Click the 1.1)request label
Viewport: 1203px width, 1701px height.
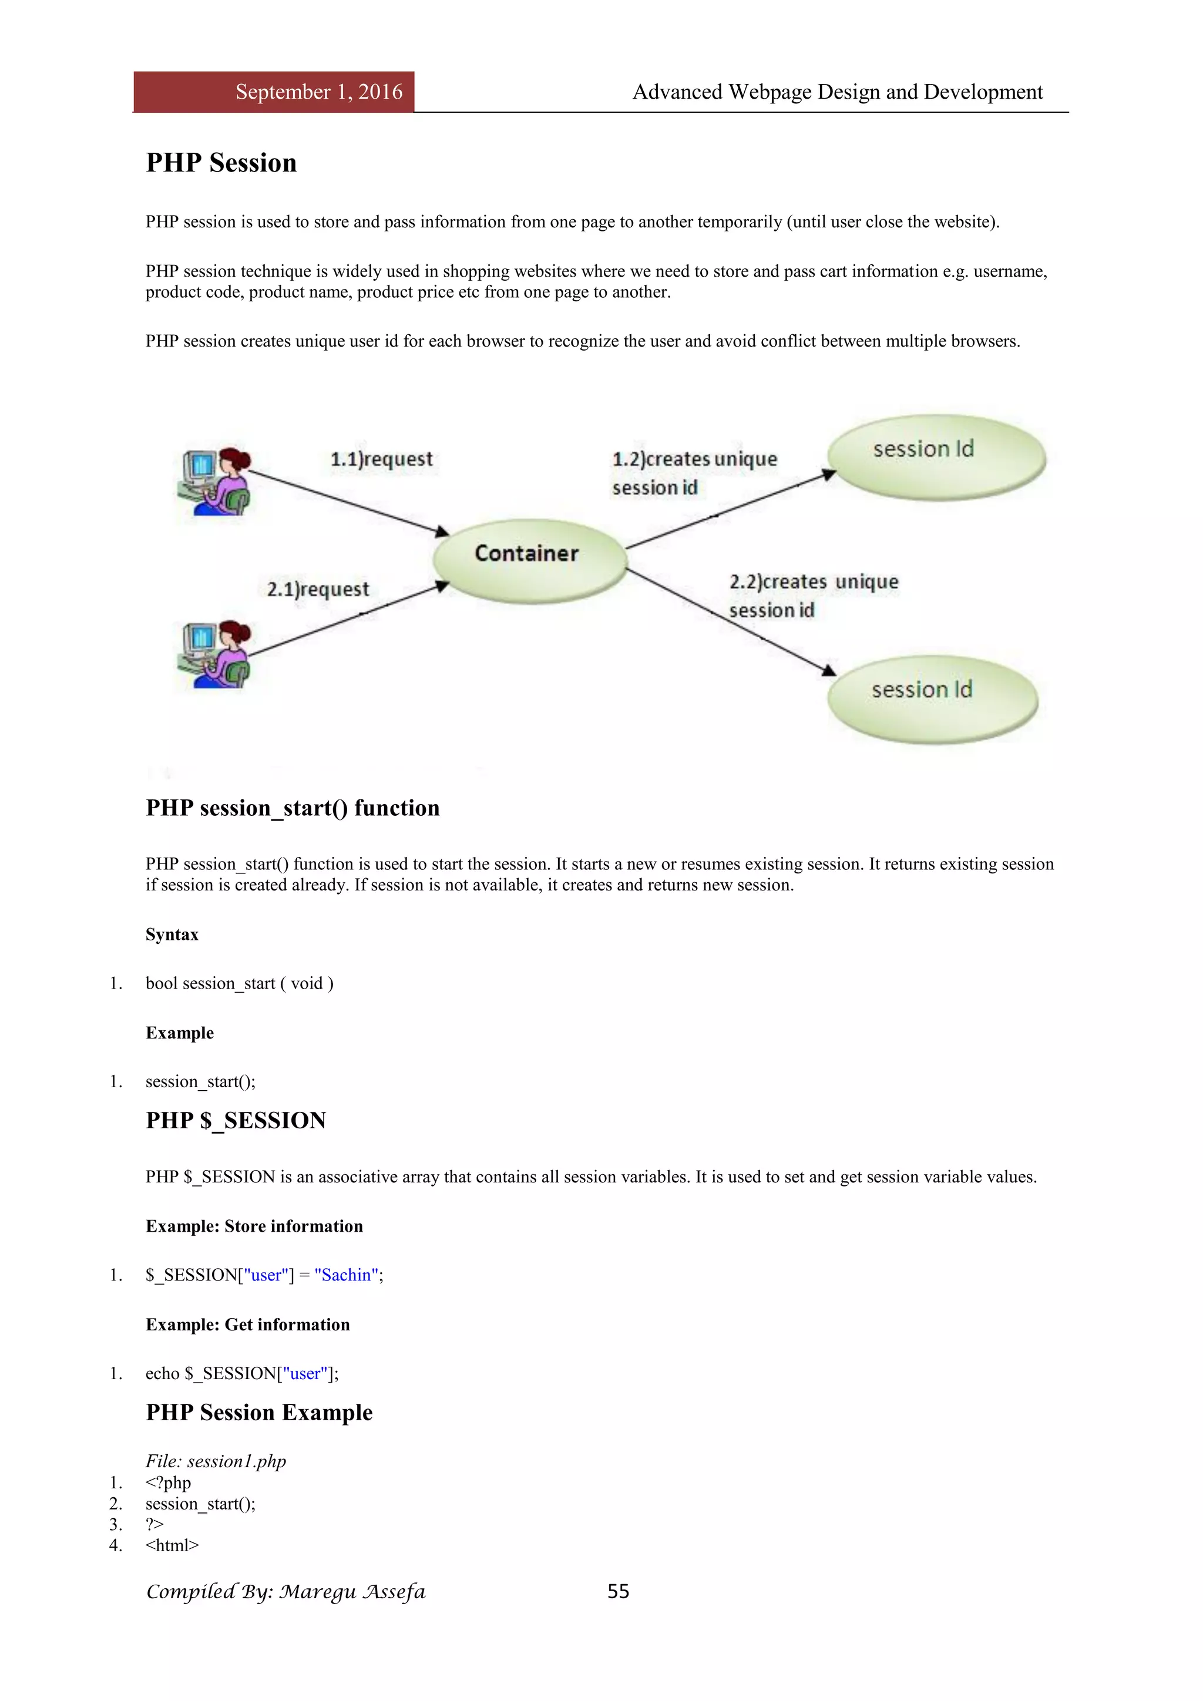pyautogui.click(x=381, y=459)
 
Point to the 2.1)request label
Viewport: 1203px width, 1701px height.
pyautogui.click(x=318, y=590)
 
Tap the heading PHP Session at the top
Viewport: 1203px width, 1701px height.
pyautogui.click(x=221, y=163)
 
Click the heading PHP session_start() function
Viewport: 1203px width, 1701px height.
pyautogui.click(x=293, y=808)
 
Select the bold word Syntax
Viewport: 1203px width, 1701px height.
pyautogui.click(x=172, y=934)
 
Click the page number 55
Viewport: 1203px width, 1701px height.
pyautogui.click(x=618, y=1591)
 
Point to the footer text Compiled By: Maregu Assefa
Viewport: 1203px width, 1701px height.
pyautogui.click(x=286, y=1592)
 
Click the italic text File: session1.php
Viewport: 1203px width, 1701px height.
pyautogui.click(x=216, y=1461)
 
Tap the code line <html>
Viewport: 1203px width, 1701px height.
pyautogui.click(x=172, y=1545)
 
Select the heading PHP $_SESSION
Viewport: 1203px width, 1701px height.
pyautogui.click(x=236, y=1120)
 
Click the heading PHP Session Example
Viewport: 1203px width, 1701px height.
pyautogui.click(x=258, y=1412)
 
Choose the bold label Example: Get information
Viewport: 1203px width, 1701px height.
pyautogui.click(x=247, y=1325)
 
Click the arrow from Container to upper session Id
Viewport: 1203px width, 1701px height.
pyautogui.click(x=730, y=510)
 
